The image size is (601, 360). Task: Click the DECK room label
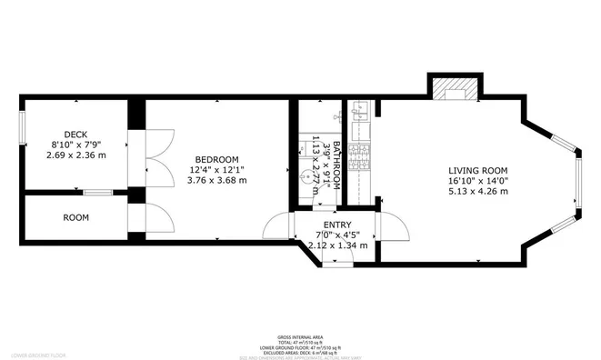click(63, 135)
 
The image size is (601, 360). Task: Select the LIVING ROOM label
click(477, 170)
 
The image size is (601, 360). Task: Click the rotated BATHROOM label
click(336, 165)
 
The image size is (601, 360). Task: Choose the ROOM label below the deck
click(75, 218)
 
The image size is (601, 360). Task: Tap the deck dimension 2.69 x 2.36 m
click(75, 155)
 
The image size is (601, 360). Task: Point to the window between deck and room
click(98, 192)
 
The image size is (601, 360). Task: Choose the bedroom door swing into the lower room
click(156, 218)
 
